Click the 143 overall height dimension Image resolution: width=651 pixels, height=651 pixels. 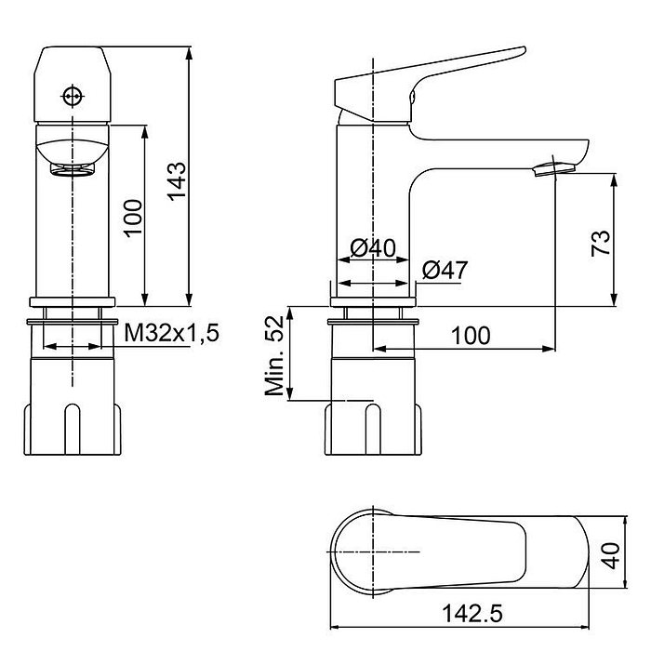pyautogui.click(x=177, y=180)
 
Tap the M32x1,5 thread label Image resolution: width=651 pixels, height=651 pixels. pyautogui.click(x=172, y=333)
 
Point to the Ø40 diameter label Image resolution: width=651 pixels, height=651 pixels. pyautogui.click(x=373, y=249)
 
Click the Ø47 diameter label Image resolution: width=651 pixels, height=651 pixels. pyautogui.click(x=444, y=271)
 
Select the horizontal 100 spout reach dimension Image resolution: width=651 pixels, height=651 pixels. pyautogui.click(x=472, y=335)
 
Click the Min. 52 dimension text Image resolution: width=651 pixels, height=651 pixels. pyautogui.click(x=274, y=355)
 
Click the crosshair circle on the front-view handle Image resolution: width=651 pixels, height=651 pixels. pyautogui.click(x=73, y=96)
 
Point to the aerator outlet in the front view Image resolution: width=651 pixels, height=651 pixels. pyautogui.click(x=72, y=167)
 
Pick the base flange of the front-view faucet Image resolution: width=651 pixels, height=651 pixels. pyautogui.click(x=72, y=301)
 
